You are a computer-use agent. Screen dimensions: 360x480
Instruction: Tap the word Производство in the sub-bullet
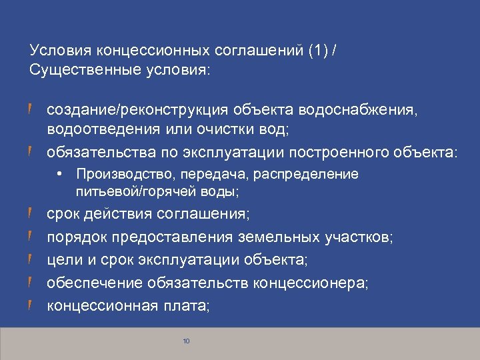coord(119,175)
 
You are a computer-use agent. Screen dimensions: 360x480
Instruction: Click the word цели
coord(62,259)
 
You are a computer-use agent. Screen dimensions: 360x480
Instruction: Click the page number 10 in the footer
coord(186,341)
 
